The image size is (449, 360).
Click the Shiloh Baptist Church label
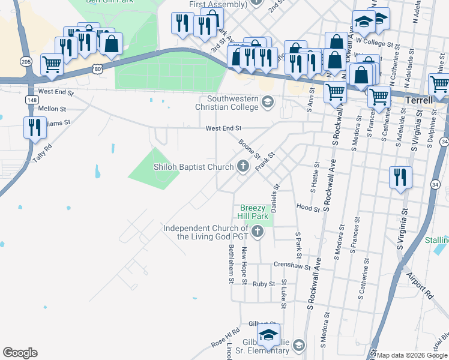pos(193,167)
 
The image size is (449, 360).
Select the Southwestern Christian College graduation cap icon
pos(267,103)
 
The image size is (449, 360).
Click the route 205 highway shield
pos(26,61)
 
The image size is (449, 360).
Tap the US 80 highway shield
pos(97,69)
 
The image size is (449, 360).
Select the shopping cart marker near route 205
pos(52,64)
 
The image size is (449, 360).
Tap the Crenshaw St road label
pos(291,265)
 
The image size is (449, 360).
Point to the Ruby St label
pos(264,284)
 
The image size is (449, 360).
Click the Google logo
pos(20,353)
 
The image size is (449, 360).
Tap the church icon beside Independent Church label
pos(258,231)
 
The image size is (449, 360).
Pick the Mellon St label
pos(51,109)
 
